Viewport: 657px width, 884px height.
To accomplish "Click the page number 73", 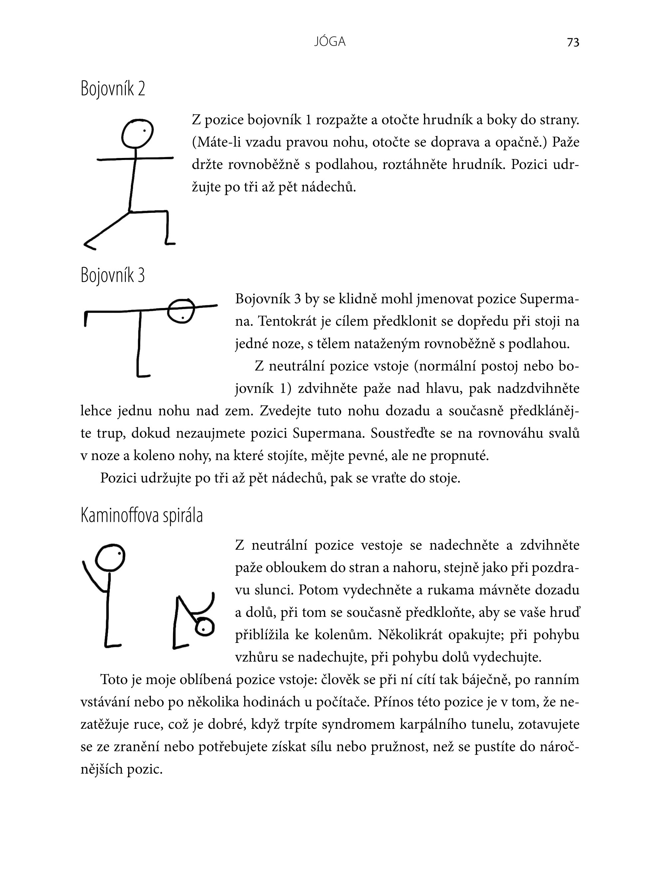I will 573,43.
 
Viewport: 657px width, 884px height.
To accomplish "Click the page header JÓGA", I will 330,42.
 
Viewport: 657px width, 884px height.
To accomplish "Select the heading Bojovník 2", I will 112,88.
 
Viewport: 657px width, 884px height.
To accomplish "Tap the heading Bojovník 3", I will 112,275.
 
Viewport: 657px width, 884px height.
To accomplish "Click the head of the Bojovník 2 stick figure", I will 137,133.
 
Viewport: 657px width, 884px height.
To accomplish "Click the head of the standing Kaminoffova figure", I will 110,558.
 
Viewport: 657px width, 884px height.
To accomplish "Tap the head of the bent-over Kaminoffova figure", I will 204,627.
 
